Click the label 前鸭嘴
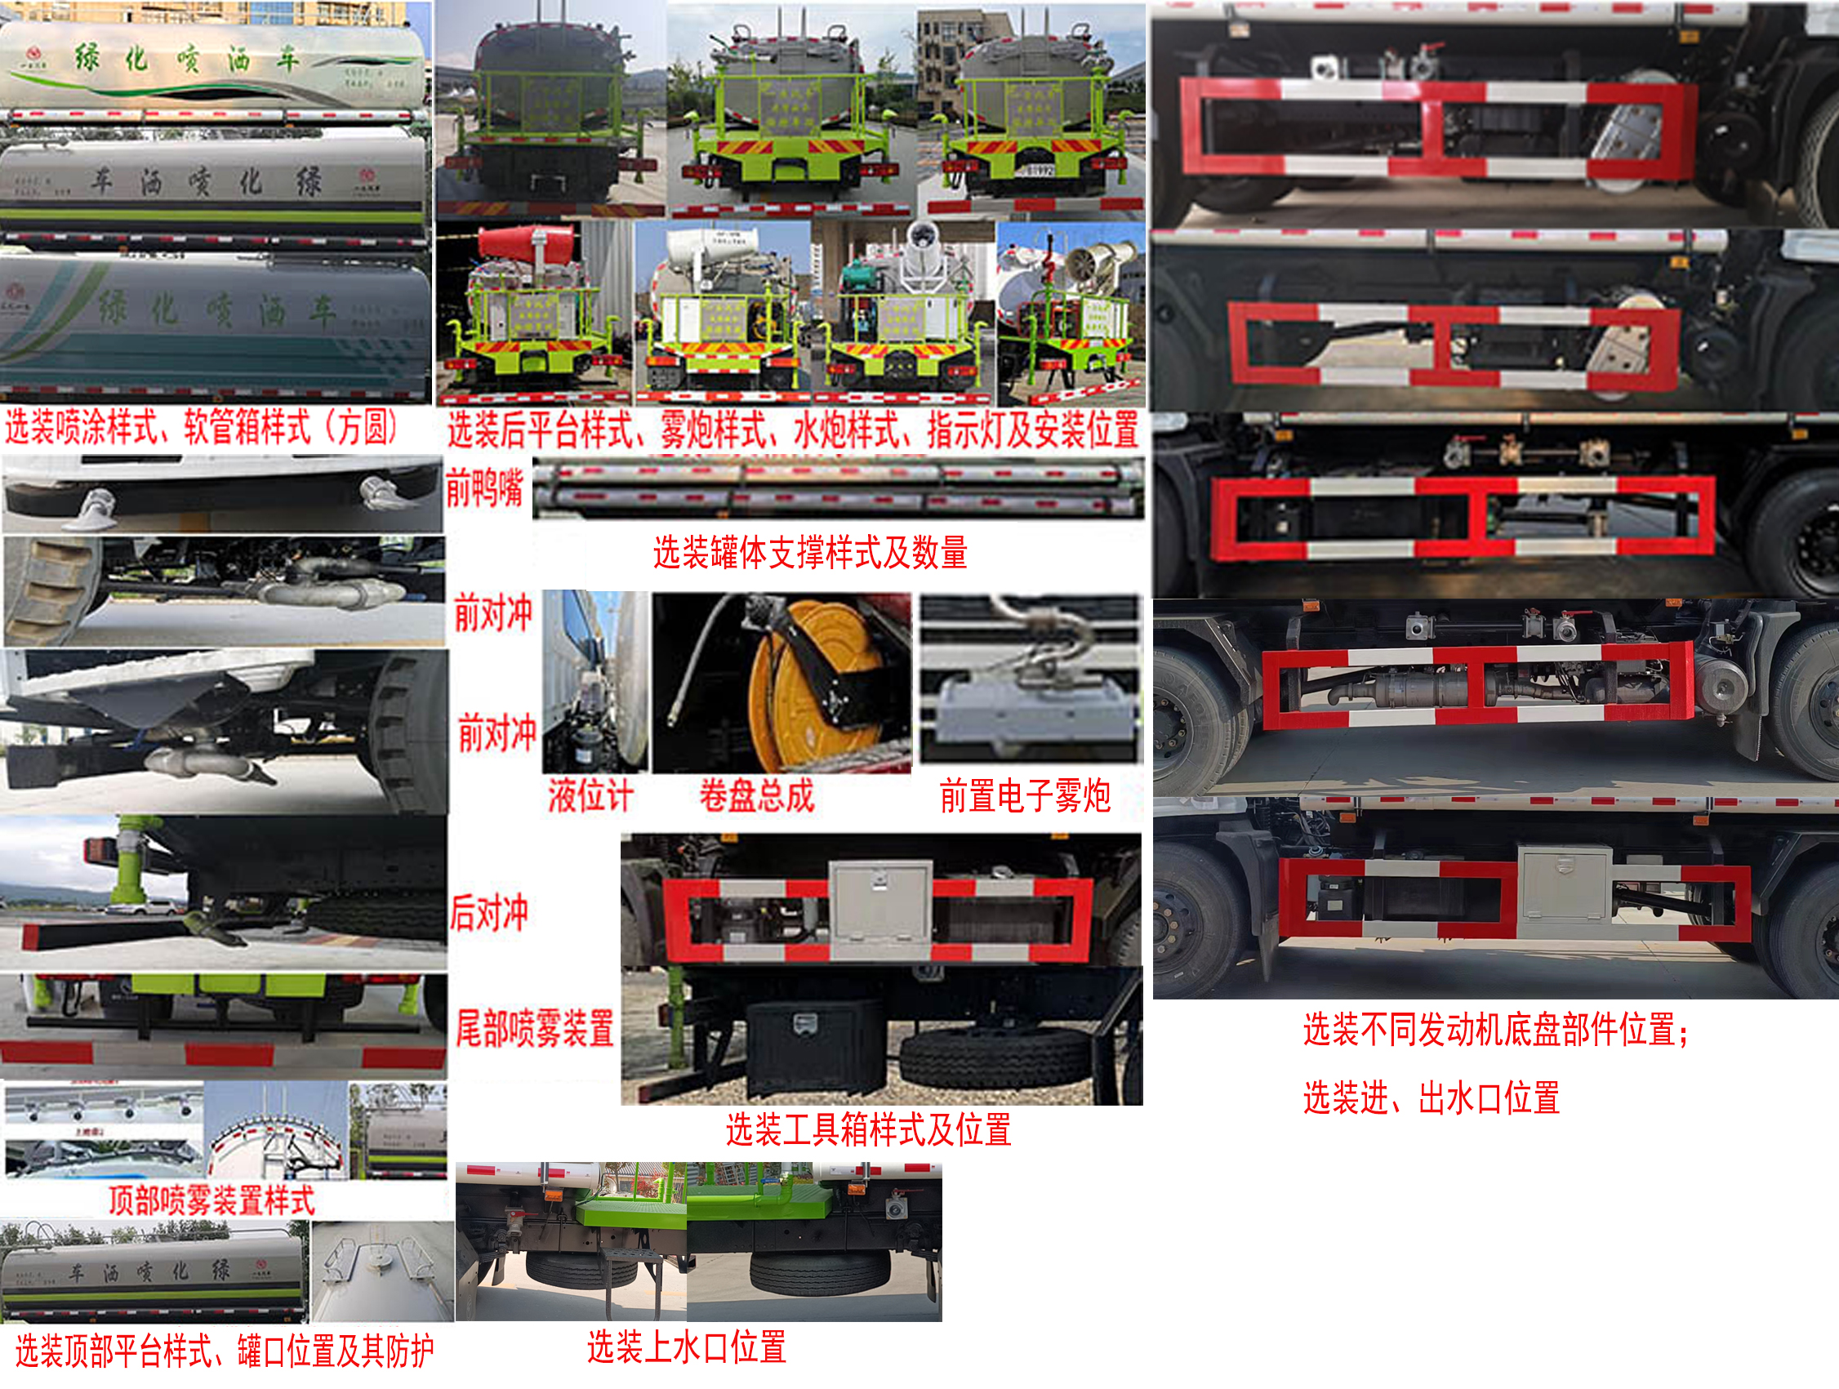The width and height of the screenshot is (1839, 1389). click(484, 488)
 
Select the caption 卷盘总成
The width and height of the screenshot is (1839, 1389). click(755, 795)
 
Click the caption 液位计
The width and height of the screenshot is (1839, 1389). click(590, 795)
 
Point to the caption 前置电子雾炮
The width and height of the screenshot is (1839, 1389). click(1025, 795)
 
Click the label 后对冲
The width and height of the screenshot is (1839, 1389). click(489, 913)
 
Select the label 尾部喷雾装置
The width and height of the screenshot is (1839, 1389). click(535, 1027)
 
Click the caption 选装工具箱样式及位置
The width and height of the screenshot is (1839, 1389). click(868, 1129)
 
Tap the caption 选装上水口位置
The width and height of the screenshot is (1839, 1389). click(687, 1346)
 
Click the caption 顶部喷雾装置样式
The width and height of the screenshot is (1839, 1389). click(212, 1200)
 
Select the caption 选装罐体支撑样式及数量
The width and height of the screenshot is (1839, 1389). click(810, 553)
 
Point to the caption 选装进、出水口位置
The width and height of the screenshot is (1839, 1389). click(1430, 1098)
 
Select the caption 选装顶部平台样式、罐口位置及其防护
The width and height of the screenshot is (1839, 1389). click(224, 1351)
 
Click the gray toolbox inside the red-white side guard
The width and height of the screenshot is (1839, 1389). click(881, 910)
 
